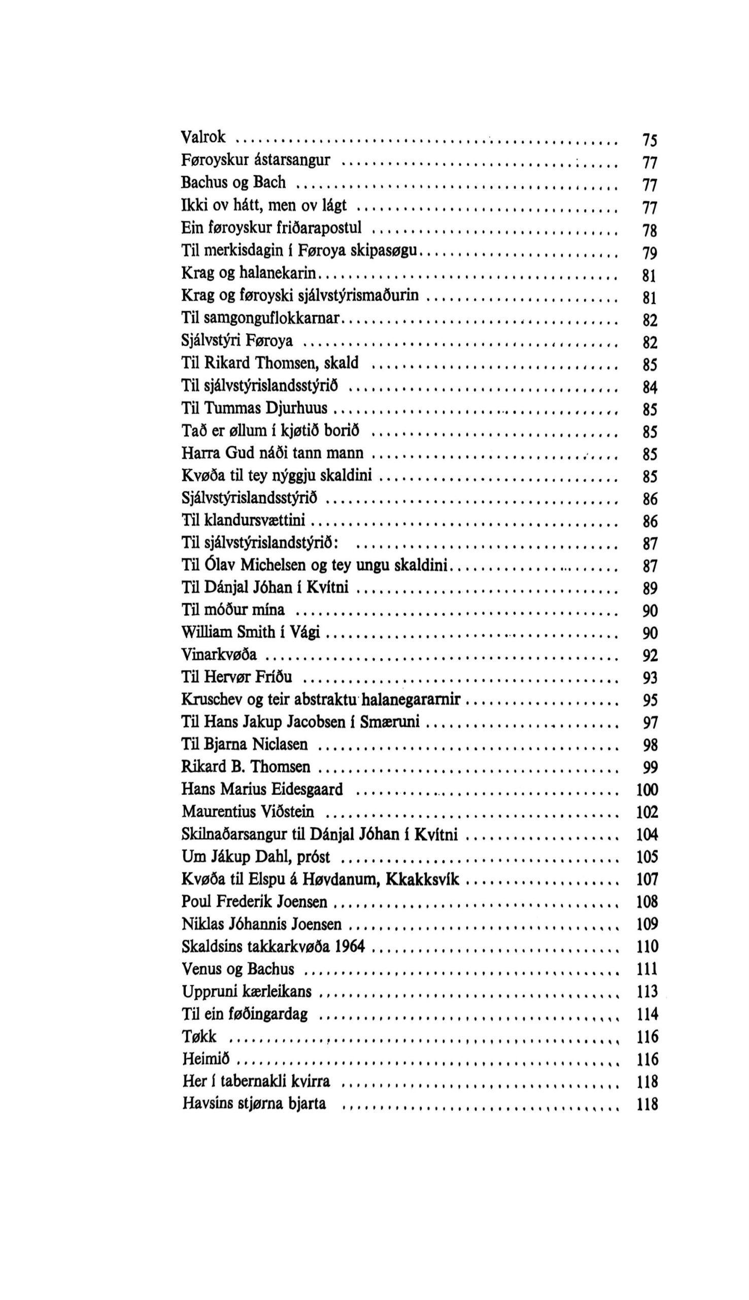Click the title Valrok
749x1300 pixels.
(203, 137)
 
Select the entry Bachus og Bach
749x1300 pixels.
(233, 183)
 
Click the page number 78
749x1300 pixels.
(650, 231)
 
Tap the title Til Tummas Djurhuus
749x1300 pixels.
(254, 408)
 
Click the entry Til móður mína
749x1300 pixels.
(233, 610)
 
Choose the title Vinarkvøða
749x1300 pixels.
(219, 655)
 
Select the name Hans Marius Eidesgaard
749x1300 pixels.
(262, 790)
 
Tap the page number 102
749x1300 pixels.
(647, 812)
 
